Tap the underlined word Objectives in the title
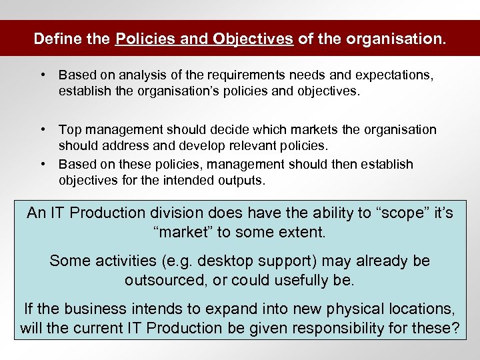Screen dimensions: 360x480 [x=254, y=39]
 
